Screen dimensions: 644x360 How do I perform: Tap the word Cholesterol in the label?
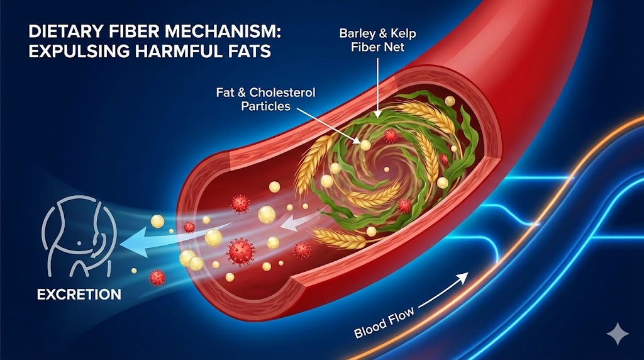click(x=282, y=93)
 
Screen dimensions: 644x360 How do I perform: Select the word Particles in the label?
click(x=265, y=106)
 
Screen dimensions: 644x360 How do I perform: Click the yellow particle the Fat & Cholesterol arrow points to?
click(x=364, y=145)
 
